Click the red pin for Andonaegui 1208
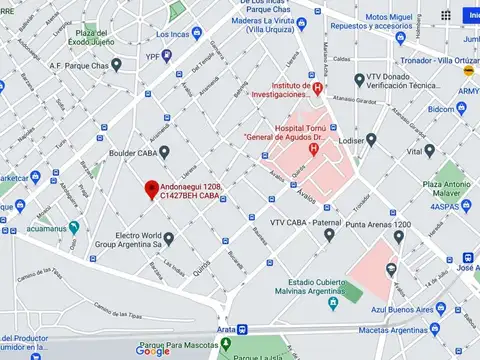pos(152,187)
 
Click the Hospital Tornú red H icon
pos(314,150)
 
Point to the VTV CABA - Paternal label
pos(306,221)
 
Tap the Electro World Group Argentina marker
pos(168,239)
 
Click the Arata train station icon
pos(242,329)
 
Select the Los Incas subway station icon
pos(146,33)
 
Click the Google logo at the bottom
pos(153,350)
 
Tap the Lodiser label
pos(353,141)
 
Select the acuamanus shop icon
pos(73,228)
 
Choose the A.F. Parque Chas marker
pos(116,65)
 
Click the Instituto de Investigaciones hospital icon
pos(318,88)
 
